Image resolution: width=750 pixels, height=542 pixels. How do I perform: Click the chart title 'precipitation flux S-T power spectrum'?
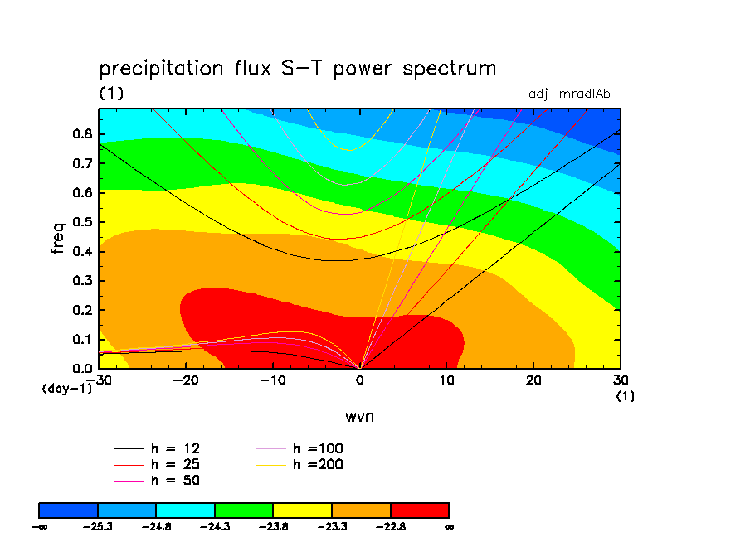[x=298, y=69]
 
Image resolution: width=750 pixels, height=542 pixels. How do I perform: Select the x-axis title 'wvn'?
[x=359, y=416]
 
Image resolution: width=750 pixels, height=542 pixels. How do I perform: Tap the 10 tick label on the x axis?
[x=446, y=380]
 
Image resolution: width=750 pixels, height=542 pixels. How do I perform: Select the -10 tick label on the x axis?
[x=271, y=380]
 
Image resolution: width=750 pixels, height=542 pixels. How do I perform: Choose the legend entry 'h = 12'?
[x=158, y=448]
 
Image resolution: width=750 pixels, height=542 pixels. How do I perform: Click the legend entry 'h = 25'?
[x=158, y=464]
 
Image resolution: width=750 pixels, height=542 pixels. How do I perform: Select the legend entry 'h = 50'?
[x=158, y=480]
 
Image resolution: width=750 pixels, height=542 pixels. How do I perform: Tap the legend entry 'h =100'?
[x=300, y=448]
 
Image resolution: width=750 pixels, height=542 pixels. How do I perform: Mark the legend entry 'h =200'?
[x=300, y=464]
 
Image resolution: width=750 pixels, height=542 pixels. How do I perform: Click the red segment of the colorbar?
[x=420, y=510]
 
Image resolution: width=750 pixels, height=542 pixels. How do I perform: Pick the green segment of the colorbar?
[x=244, y=510]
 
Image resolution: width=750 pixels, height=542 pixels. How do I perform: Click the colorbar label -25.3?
[x=98, y=526]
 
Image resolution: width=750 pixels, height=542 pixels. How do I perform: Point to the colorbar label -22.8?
[x=390, y=526]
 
